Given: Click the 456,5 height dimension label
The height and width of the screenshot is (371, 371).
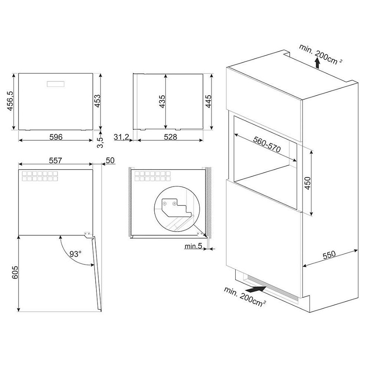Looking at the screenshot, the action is (x=10, y=101).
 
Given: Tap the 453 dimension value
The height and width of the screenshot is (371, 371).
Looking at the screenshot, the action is (x=97, y=101).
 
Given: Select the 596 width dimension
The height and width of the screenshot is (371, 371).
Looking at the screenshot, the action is (x=56, y=137).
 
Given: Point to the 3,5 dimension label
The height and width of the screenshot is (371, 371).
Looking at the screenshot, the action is (x=100, y=142).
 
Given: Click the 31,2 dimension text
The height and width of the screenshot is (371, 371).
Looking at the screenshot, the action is (x=121, y=137).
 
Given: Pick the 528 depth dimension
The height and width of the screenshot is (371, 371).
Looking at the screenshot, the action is (x=170, y=137).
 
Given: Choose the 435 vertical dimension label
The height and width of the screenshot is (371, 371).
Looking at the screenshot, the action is (x=162, y=102).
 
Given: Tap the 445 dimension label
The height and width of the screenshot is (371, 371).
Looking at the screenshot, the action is (x=208, y=101).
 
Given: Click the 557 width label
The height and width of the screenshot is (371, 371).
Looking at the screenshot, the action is (x=55, y=161).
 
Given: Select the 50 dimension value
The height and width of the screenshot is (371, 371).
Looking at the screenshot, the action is (x=110, y=161).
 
